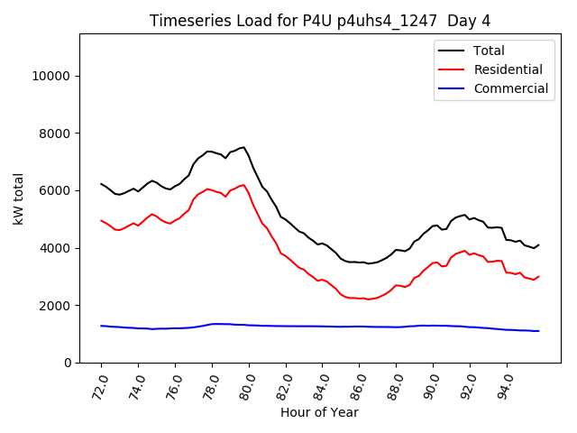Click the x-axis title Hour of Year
(x=319, y=412)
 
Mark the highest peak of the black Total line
(x=243, y=147)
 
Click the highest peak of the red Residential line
(x=243, y=185)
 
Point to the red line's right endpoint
(x=539, y=276)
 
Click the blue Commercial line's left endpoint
(x=101, y=326)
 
